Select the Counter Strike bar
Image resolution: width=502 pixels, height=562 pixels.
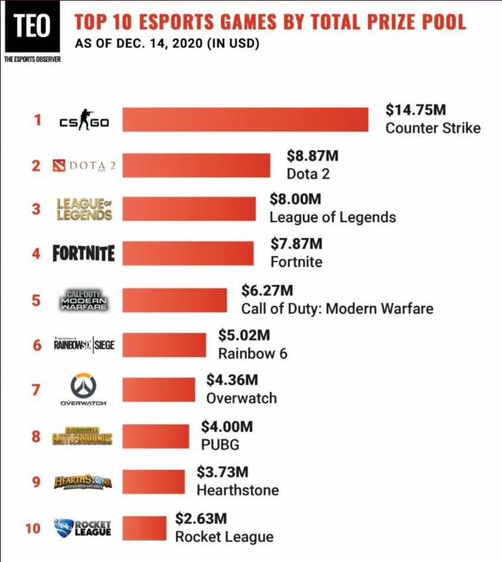pyautogui.click(x=245, y=120)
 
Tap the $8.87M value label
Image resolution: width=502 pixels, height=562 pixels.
pyautogui.click(x=313, y=156)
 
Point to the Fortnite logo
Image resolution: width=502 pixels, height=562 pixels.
pyautogui.click(x=84, y=253)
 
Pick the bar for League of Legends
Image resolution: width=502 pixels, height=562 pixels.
pyautogui.click(x=189, y=209)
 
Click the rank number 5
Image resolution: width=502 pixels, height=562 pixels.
pyautogui.click(x=36, y=300)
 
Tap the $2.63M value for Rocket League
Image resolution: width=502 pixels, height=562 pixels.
pyautogui.click(x=201, y=518)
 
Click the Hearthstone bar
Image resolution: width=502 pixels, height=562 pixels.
pyautogui.click(x=153, y=482)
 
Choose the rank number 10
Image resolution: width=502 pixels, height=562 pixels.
pyautogui.click(x=33, y=529)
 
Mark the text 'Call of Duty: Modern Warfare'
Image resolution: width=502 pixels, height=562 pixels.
pyautogui.click(x=337, y=309)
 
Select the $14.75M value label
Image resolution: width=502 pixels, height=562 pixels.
pyautogui.click(x=416, y=110)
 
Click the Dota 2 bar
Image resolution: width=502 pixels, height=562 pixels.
pyautogui.click(x=197, y=165)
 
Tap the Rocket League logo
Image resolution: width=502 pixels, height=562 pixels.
pyautogui.click(x=82, y=527)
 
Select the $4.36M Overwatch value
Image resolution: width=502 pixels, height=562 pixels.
pyautogui.click(x=232, y=380)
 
